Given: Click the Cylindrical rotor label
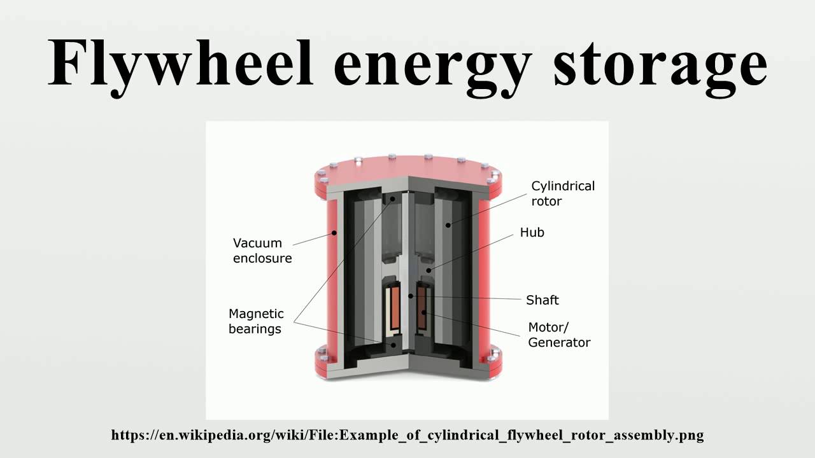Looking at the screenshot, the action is click(563, 193).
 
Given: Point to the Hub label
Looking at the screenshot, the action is click(532, 233).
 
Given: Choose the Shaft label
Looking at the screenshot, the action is click(542, 300).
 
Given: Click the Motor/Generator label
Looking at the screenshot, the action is click(559, 335).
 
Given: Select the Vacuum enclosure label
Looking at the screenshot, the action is click(262, 251).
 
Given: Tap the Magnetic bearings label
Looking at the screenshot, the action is click(256, 321).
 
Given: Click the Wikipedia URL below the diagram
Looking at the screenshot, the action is click(407, 435).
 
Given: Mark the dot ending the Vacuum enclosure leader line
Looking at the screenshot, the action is click(334, 233).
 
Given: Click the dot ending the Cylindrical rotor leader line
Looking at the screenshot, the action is click(449, 224).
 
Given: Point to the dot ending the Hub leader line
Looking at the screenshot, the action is click(429, 271).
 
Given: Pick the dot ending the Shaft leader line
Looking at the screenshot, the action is click(411, 296).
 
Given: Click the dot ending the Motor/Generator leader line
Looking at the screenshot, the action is click(423, 312).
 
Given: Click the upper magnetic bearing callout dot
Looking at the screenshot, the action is click(393, 198).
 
